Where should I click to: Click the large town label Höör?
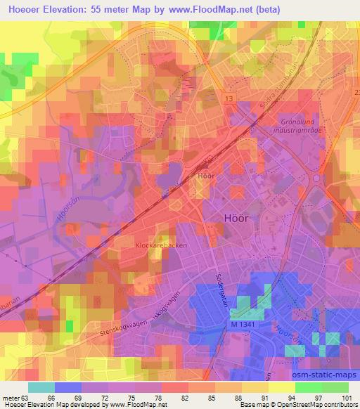point(236,217)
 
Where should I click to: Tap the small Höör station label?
point(206,176)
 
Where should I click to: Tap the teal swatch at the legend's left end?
point(41,387)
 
